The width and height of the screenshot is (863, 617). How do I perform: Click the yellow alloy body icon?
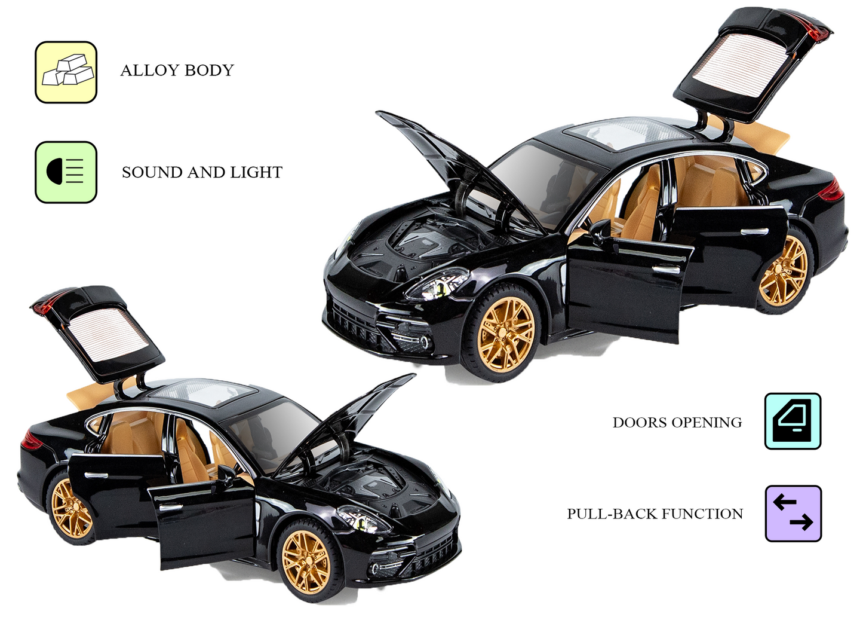point(66,72)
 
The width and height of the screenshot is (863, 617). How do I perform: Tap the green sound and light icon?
point(66,172)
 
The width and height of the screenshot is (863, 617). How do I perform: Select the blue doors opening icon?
point(793,421)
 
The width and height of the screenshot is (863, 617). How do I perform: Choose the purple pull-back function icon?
point(793,514)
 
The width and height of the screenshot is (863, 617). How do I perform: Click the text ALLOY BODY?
point(177,71)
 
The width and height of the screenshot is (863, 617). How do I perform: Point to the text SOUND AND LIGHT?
point(202,173)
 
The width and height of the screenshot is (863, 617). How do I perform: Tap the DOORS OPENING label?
point(677,423)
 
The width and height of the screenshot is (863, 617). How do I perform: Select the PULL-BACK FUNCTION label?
point(655,514)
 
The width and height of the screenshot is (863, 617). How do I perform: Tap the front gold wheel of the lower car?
point(307,561)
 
